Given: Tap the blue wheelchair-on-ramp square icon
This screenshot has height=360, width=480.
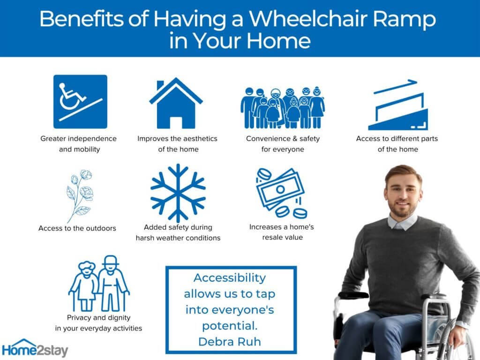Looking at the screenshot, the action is click(80, 102).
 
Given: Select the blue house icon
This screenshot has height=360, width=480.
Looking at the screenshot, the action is click(176, 103).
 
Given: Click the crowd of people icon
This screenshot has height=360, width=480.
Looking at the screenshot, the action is click(283, 107).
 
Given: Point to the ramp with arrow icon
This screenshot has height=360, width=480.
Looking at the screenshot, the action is click(397, 105).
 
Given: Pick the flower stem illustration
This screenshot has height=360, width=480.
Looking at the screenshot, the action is click(79, 196).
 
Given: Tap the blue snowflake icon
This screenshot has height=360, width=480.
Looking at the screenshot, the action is click(178, 193).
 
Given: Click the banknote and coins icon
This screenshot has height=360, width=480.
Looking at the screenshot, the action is click(281, 193).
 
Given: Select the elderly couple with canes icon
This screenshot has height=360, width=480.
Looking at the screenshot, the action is click(99, 283).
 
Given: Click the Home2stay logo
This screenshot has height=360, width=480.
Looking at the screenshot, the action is click(35, 349).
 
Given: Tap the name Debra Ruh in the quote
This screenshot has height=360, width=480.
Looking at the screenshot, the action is click(230, 342).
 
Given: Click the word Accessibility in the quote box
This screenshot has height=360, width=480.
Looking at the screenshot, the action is click(230, 278).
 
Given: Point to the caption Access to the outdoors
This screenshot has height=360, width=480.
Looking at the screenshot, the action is click(77, 228).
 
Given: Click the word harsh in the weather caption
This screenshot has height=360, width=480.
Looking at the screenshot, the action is click(145, 238).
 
